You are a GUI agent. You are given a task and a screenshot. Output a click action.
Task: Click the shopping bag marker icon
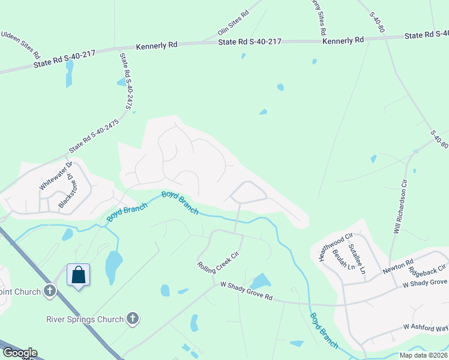[79, 275]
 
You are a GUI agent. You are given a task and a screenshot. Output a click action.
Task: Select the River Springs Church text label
[85, 319]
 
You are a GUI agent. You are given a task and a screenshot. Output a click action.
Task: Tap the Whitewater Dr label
[55, 176]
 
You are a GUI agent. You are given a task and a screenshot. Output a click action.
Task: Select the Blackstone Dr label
[65, 191]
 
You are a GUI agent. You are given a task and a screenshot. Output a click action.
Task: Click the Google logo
[19, 353]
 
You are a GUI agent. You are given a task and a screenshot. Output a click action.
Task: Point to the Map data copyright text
[423, 355]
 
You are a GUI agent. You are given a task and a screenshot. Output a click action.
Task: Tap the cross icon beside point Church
[50, 292]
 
